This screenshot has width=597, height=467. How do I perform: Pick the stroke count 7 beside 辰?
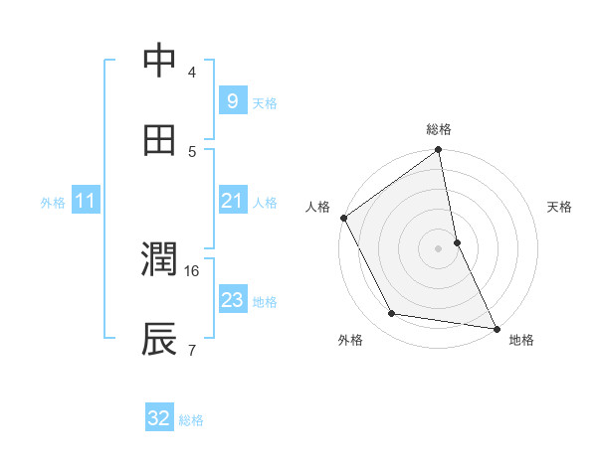(x=191, y=349)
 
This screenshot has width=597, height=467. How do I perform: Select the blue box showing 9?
(x=232, y=101)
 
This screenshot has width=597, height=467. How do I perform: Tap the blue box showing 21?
(x=232, y=202)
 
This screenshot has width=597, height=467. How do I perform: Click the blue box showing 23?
(x=232, y=300)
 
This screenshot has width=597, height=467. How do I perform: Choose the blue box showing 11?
(x=85, y=202)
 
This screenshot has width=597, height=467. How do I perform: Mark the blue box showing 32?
(x=158, y=419)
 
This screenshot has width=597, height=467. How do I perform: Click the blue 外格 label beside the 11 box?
(x=53, y=203)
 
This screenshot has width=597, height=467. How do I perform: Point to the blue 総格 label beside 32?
(x=191, y=420)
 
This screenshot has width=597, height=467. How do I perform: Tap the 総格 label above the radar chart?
(x=439, y=129)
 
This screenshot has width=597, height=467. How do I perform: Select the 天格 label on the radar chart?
(x=560, y=207)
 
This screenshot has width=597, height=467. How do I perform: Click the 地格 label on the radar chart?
(x=521, y=340)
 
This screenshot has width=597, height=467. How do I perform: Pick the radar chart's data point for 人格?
(x=344, y=218)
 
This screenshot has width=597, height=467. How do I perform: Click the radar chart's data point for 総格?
(x=439, y=151)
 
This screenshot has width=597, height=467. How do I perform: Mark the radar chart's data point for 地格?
(x=496, y=327)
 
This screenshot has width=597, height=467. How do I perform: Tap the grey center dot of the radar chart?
(x=439, y=247)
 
